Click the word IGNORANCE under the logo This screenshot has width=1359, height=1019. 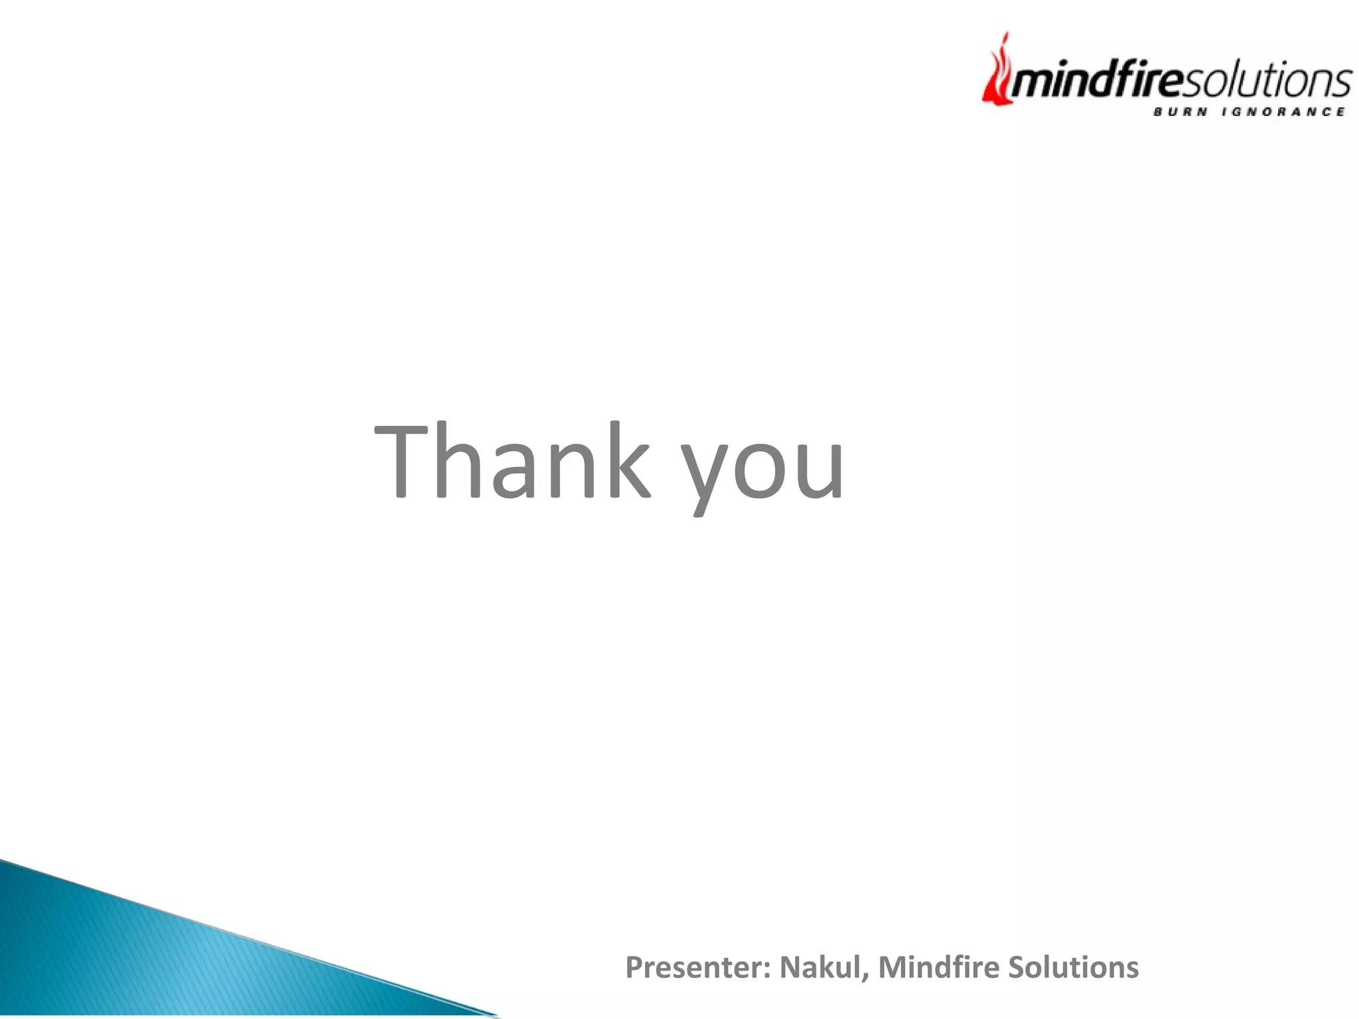(1283, 111)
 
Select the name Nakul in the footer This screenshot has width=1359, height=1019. (820, 967)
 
